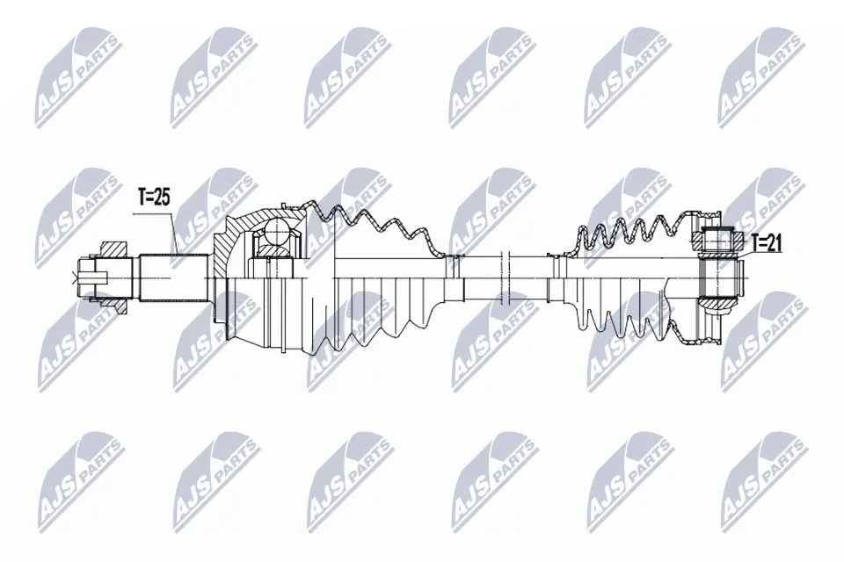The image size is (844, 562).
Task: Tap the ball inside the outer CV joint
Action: (276, 232)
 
